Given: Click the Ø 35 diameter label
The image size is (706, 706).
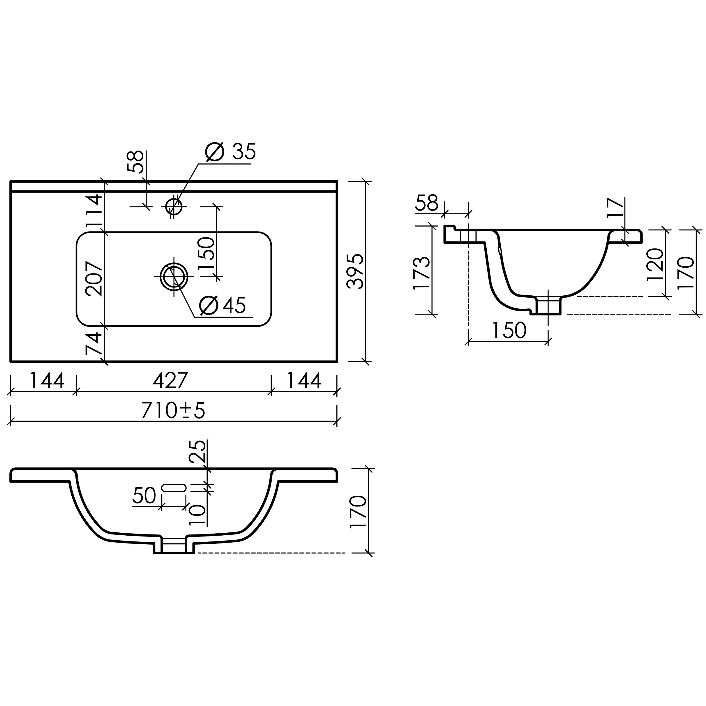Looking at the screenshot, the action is click(231, 152).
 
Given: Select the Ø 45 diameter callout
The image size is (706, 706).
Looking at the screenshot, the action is click(223, 305).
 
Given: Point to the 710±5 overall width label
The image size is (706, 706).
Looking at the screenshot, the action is click(173, 410).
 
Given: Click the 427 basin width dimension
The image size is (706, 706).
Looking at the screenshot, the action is click(170, 380).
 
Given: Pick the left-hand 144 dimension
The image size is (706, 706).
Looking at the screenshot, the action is click(47, 380).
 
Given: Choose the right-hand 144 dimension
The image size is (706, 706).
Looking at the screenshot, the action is click(304, 380).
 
